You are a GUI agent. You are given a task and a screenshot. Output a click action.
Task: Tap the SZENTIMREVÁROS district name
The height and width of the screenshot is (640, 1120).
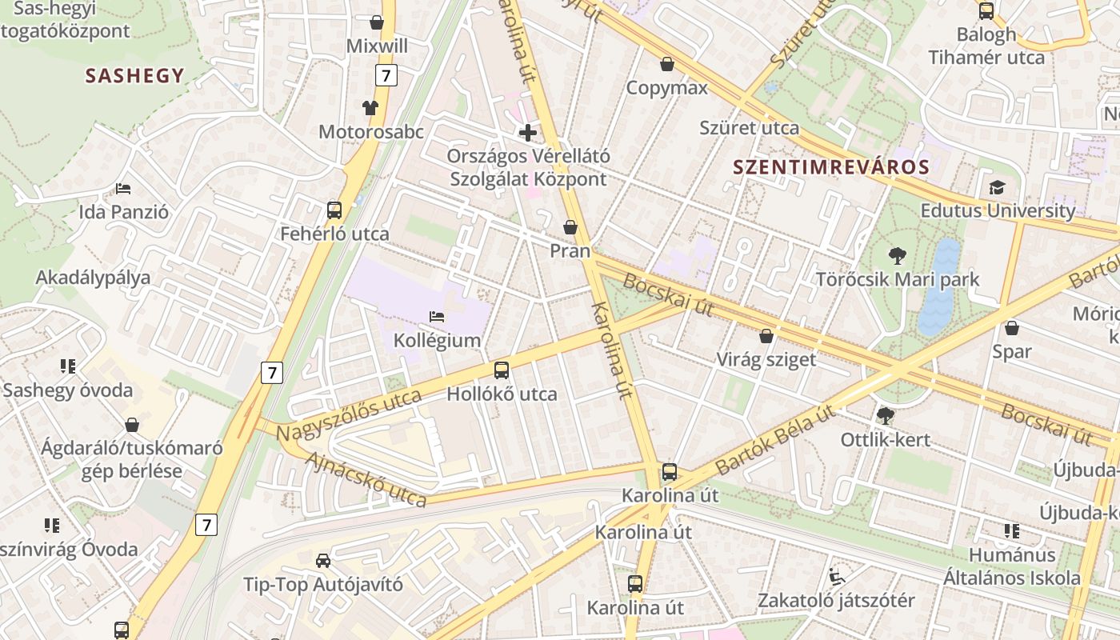click(831, 167)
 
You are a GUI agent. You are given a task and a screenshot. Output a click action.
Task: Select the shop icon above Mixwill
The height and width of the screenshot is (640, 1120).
click(377, 22)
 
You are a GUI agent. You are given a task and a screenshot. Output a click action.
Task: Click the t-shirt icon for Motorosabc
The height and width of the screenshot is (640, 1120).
click(370, 107)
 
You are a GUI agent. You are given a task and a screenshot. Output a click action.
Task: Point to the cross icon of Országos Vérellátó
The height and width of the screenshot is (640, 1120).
click(528, 132)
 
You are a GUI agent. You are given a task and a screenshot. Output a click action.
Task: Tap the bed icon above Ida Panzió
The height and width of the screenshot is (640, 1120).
click(123, 189)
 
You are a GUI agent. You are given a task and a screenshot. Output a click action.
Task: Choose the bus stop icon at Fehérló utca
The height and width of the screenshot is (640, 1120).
click(334, 210)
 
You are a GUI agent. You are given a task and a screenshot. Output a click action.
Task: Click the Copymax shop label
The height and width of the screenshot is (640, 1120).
click(666, 88)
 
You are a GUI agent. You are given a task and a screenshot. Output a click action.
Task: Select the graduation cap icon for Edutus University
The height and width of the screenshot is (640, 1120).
click(997, 187)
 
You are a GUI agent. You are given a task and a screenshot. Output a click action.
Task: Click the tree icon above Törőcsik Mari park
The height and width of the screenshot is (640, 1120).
click(898, 256)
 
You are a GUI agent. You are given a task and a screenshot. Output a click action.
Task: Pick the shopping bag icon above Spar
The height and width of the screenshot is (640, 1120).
click(1012, 328)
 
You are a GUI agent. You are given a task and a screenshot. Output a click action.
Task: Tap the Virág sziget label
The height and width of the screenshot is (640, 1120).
click(766, 359)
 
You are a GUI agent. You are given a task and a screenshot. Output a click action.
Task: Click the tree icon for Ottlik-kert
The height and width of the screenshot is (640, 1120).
click(885, 416)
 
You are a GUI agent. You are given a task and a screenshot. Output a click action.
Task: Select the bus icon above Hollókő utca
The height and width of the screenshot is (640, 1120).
click(502, 370)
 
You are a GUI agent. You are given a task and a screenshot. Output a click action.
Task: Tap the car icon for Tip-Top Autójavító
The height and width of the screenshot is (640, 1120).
click(322, 560)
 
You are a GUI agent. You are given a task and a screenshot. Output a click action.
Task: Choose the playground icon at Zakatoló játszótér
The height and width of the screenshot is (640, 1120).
click(836, 576)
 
